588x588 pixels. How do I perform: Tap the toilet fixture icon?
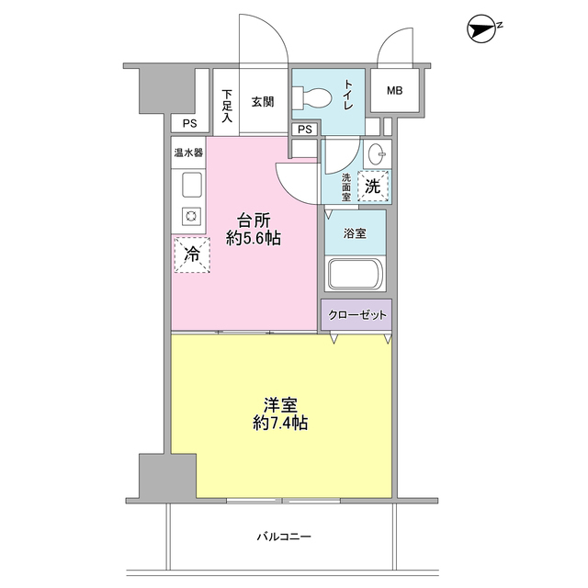coord(311,95)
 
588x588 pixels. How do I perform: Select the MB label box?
coord(394,90)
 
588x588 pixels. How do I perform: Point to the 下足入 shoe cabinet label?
coord(227,106)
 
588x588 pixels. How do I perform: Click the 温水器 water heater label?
coord(187,153)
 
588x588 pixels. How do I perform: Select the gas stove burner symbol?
coord(191,217)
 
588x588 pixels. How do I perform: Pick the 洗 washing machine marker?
coord(373,186)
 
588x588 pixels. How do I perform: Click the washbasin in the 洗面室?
coord(376,153)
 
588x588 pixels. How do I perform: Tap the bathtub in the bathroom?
coord(356,276)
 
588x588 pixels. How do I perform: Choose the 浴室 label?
coord(355,233)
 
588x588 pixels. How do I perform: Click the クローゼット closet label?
coord(357,315)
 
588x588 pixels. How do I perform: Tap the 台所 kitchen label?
coord(254,220)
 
